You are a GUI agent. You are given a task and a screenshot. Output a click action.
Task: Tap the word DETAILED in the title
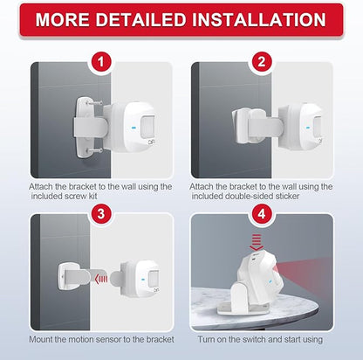(140, 20)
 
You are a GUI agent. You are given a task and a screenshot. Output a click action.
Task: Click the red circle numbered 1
(100, 62)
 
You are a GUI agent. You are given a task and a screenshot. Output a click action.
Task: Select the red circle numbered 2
(262, 62)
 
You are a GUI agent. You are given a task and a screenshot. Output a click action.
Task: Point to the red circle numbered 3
(100, 214)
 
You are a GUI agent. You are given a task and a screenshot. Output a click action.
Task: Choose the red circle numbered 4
(262, 214)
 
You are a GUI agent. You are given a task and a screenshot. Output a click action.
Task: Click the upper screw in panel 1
(95, 103)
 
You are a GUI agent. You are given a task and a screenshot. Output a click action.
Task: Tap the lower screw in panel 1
(95, 151)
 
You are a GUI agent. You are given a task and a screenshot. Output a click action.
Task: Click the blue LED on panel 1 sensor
(134, 128)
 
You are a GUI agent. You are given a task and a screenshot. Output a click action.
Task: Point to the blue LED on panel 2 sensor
(308, 127)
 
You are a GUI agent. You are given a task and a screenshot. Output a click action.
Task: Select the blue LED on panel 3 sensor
(143, 280)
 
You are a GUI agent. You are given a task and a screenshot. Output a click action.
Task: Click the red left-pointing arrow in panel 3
(101, 280)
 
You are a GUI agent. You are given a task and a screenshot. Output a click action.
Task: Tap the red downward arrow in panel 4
(257, 242)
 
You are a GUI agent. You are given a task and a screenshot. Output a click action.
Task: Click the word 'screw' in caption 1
(75, 197)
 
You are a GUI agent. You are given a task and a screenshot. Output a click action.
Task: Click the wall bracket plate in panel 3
(66, 276)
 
